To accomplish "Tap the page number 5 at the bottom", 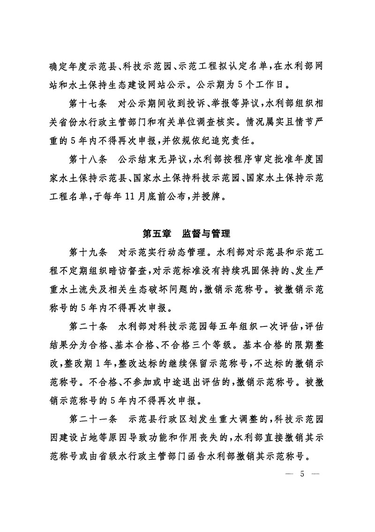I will coord(302,474).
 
